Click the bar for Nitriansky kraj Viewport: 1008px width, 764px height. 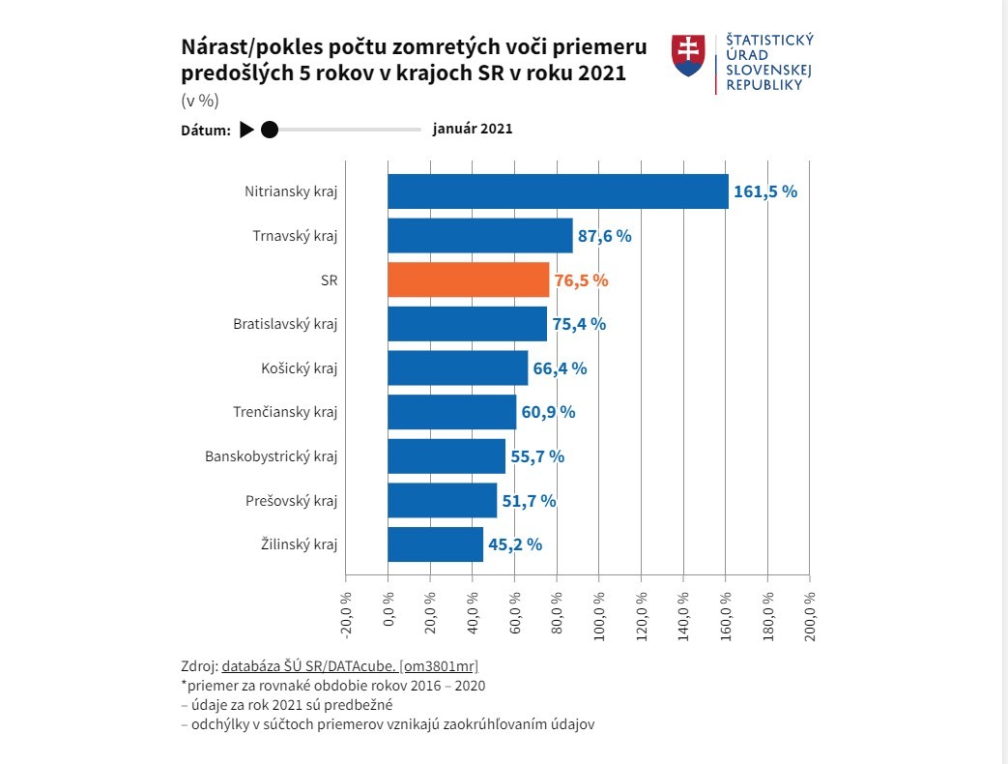point(558,191)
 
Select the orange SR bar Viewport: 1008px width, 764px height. point(469,279)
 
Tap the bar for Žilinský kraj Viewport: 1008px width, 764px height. point(435,544)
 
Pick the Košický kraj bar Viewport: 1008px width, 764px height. point(457,367)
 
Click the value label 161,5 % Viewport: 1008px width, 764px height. point(765,191)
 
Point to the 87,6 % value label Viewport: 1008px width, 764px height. point(604,236)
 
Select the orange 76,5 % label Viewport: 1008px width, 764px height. point(582,280)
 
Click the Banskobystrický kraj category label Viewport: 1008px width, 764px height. point(272,456)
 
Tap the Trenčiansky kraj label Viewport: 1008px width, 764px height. point(285,412)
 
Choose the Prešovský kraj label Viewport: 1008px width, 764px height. point(292,500)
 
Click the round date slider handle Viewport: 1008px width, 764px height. point(270,130)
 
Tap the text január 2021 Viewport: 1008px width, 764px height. point(473,129)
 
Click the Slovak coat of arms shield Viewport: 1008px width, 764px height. point(688,55)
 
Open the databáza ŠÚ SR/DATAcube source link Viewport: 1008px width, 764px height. point(350,665)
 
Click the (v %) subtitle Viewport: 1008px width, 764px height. point(200,101)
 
